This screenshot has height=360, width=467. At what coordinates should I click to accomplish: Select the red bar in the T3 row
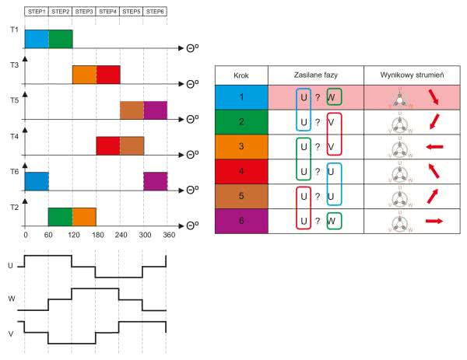(x=108, y=75)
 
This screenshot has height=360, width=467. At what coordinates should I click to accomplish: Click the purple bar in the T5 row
(x=156, y=110)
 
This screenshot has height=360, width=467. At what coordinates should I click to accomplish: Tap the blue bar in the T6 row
(x=37, y=181)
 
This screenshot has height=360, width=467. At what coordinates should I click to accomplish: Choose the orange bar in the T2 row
(x=84, y=216)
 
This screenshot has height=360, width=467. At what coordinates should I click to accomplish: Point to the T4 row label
(x=15, y=136)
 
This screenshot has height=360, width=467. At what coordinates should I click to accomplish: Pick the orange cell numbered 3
(x=241, y=145)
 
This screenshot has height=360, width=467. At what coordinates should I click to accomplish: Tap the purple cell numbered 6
(x=241, y=220)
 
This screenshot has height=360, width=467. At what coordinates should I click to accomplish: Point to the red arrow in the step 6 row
(x=434, y=221)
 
